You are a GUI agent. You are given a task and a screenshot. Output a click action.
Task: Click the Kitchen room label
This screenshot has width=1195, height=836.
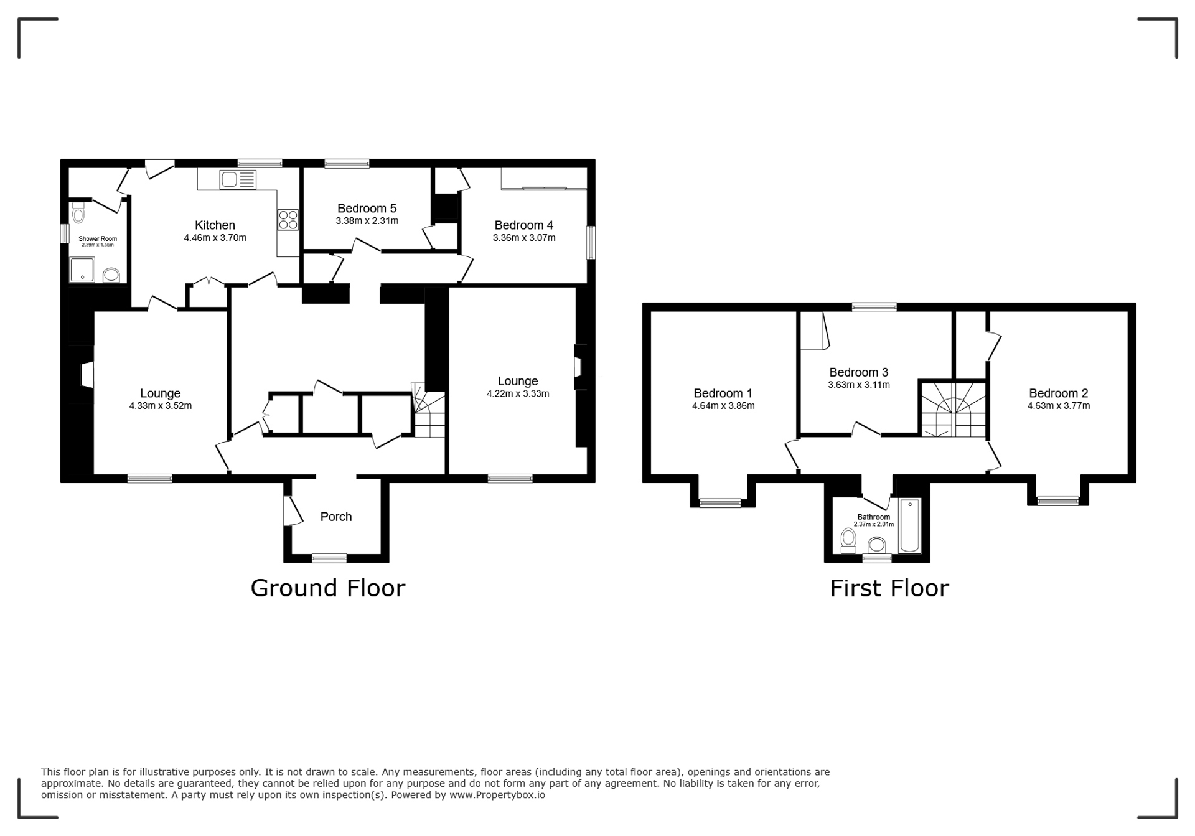click(215, 225)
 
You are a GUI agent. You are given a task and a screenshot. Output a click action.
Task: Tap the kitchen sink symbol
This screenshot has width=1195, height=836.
click(237, 180)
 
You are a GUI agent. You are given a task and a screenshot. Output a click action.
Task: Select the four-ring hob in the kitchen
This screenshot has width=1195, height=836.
click(288, 220)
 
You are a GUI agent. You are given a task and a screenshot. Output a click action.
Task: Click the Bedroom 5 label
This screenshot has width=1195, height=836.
click(367, 209)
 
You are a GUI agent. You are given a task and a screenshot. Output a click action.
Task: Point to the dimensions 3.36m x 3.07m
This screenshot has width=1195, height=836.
click(524, 238)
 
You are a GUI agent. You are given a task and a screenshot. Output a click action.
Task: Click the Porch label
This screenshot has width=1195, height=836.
click(336, 517)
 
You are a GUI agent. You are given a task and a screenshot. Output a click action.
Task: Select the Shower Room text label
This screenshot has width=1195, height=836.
click(98, 238)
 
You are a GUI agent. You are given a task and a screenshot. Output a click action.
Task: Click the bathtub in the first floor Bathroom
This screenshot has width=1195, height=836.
click(910, 526)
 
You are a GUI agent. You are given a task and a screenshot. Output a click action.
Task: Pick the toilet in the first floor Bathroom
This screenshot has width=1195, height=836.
click(848, 540)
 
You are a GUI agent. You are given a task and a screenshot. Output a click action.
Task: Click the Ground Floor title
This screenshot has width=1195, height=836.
click(328, 588)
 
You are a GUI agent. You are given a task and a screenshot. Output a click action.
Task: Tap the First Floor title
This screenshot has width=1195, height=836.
click(889, 588)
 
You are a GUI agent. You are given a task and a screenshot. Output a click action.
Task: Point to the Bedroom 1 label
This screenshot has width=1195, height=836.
click(723, 393)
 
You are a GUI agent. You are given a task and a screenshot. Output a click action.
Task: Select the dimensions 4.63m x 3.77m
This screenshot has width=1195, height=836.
click(1059, 406)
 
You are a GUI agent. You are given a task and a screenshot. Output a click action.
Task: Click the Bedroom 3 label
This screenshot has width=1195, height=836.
click(859, 372)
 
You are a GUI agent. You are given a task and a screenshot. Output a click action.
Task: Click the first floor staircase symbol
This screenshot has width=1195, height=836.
click(954, 410)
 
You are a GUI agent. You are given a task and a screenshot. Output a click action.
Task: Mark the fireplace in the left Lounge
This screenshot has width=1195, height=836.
click(87, 375)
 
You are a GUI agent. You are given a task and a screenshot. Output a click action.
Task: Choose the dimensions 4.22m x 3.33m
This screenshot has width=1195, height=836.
click(518, 393)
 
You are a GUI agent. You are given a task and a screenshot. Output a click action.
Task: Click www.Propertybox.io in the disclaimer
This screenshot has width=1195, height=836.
click(497, 795)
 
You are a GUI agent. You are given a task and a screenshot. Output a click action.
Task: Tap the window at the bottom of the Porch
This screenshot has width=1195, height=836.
click(329, 558)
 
